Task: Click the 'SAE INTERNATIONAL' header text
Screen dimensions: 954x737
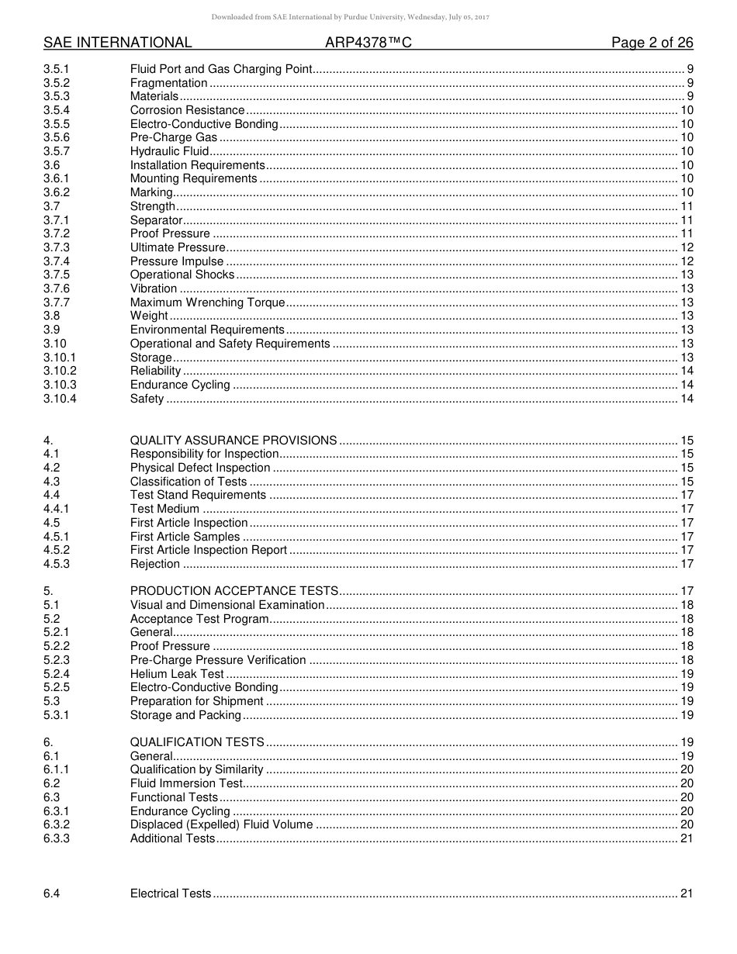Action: pos(117,43)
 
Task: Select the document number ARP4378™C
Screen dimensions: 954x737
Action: pos(368,43)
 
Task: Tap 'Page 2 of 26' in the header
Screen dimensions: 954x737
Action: pos(652,43)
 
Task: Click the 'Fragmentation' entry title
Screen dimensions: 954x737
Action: pos(168,83)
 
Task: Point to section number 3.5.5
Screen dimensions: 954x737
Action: pos(57,124)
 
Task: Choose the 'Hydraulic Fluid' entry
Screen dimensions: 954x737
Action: pos(169,151)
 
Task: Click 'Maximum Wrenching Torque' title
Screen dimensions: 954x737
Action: pos(207,302)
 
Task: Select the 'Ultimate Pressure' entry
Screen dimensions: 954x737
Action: pos(178,247)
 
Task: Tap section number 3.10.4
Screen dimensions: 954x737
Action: pos(60,399)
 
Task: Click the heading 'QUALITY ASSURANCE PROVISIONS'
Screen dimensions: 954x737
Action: pos(233,441)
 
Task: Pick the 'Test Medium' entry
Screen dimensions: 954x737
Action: pos(164,509)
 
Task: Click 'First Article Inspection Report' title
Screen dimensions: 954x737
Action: pos(208,550)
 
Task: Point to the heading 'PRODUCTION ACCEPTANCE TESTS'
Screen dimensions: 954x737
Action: pos(234,591)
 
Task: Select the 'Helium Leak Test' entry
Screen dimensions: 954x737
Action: pos(176,674)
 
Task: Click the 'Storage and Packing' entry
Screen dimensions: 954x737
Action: pos(185,715)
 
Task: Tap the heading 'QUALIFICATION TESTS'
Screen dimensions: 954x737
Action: pos(197,742)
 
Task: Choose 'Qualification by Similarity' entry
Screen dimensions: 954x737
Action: pos(196,769)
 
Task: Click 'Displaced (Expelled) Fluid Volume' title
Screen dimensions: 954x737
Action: pos(221,824)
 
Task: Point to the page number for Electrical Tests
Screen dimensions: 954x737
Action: pos(686,894)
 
